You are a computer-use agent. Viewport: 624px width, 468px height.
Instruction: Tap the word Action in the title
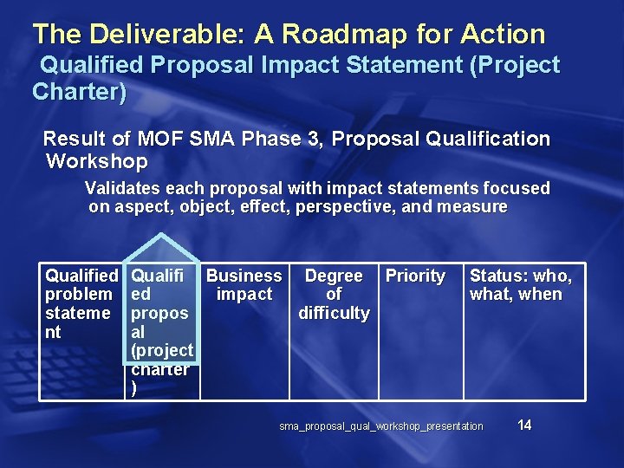504,35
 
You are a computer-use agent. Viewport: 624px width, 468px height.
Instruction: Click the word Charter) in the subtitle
79,92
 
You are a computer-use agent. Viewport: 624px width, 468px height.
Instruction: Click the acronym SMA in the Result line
231,139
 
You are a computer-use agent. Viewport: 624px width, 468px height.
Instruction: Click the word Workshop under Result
96,161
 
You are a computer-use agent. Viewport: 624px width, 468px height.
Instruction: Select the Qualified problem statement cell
81,303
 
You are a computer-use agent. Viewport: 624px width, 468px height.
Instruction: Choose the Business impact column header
244,285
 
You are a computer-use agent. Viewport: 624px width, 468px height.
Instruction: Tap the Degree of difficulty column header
334,294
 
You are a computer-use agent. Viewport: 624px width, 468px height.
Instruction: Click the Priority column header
415,276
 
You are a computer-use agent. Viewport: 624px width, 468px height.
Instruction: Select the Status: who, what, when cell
520,285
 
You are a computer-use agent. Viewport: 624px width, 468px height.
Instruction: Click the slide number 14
523,425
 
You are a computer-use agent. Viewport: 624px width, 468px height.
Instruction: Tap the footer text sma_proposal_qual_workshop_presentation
381,426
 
